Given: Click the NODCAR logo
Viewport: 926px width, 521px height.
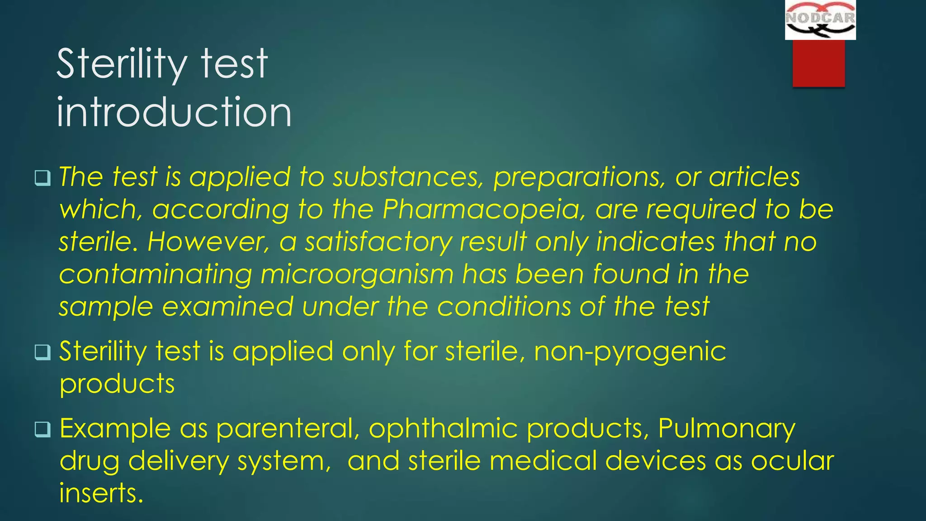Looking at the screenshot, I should click(820, 20).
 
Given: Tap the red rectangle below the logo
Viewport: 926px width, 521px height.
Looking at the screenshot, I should click(818, 63).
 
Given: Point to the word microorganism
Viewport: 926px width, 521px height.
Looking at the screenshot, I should click(357, 275).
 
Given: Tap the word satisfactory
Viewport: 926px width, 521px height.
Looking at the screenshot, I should click(378, 242).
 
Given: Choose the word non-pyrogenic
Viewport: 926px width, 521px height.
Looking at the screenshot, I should click(630, 351).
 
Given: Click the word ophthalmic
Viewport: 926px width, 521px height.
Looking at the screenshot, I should click(443, 428).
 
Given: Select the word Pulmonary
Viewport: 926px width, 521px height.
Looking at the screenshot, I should click(727, 428).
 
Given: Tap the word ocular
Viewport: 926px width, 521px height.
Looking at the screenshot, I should click(792, 461).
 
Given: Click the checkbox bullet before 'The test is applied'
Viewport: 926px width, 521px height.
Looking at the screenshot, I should click(43, 178).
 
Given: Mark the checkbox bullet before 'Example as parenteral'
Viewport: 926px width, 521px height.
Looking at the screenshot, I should click(43, 430).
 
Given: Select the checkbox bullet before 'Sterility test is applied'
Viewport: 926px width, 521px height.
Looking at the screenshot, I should click(43, 352).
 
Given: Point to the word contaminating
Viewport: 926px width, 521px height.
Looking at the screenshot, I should click(155, 275).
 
